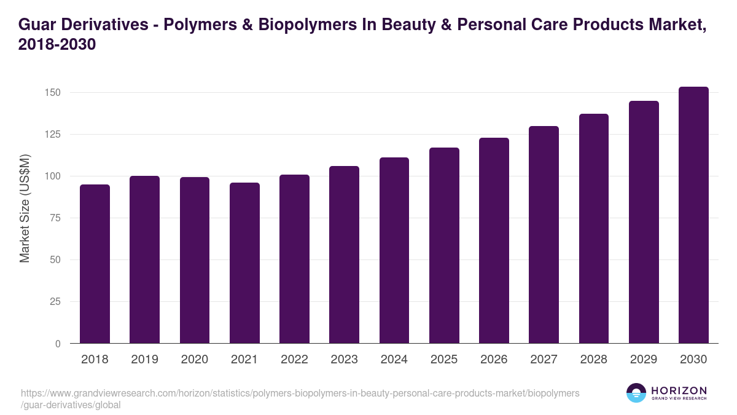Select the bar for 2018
[95, 264]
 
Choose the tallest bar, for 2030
[693, 215]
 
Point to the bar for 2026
[494, 240]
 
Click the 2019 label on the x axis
[144, 360]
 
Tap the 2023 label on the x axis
[344, 360]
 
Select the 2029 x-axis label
[644, 360]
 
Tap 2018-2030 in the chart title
[57, 45]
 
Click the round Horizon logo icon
[636, 393]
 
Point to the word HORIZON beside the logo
[679, 390]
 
